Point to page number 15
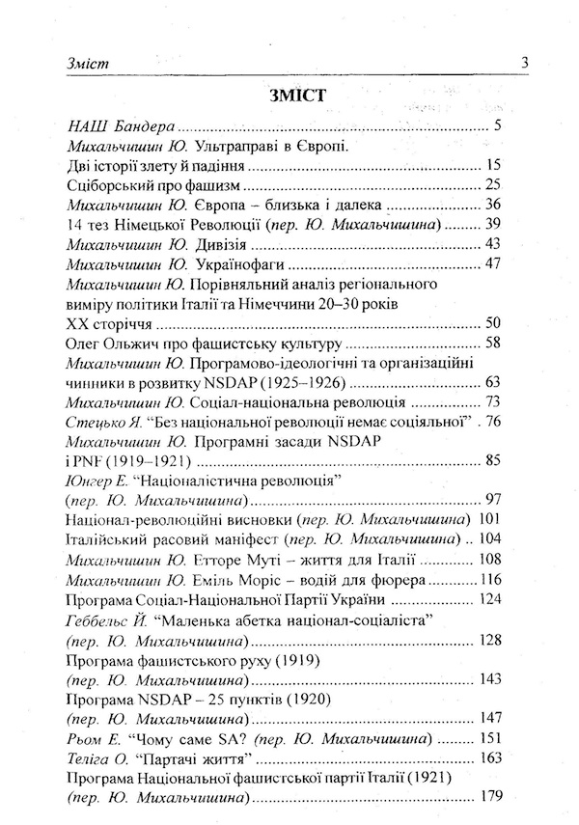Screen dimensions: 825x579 coord(494,165)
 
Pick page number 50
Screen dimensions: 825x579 coord(494,323)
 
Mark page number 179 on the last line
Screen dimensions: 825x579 coord(490,799)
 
